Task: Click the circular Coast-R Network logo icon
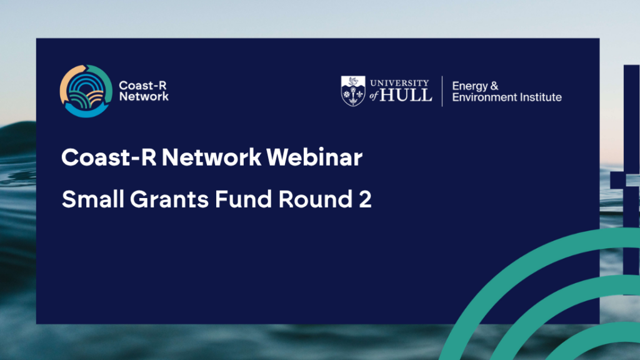[86, 91]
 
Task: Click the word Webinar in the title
[314, 157]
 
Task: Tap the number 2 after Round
[365, 199]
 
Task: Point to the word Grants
[169, 199]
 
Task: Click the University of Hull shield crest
[353, 91]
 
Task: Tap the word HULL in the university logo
[406, 95]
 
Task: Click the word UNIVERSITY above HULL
[399, 83]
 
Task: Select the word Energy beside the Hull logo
[470, 86]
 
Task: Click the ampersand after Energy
[494, 86]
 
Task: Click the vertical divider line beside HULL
[442, 91]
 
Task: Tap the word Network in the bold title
[211, 157]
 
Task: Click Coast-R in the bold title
[109, 157]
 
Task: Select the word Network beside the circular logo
[144, 96]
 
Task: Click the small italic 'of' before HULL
[374, 96]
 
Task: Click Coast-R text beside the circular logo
[142, 85]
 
